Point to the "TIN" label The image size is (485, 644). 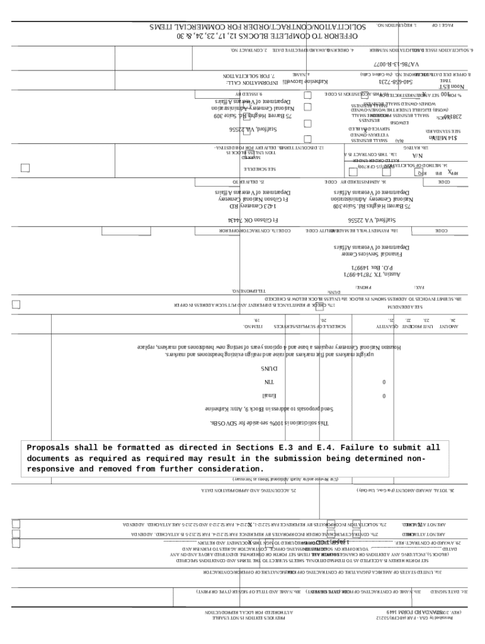(269, 382)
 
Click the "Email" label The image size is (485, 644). (269, 396)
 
